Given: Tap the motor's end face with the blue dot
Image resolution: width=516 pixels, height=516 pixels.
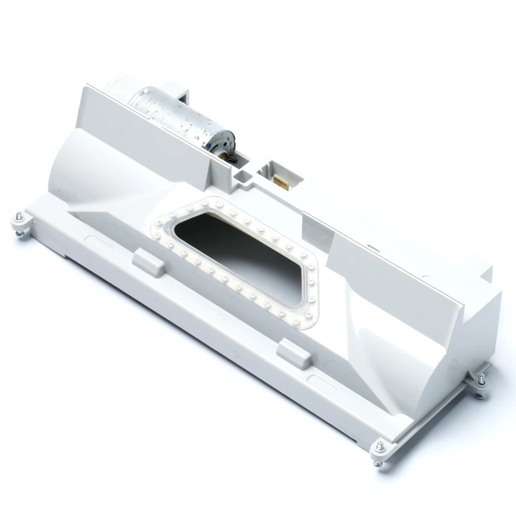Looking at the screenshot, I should (x=221, y=142).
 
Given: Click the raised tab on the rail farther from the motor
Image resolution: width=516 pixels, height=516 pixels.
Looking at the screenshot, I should (x=294, y=354).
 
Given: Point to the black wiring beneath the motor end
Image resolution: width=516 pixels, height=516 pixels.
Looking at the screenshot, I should (x=230, y=159).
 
